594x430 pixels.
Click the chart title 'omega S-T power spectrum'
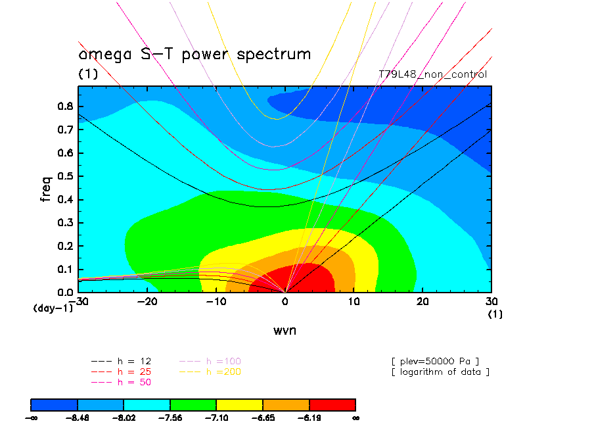(194, 54)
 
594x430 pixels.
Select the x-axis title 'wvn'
(285, 330)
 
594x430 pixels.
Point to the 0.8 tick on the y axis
(64, 107)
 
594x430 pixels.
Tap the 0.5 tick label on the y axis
(64, 176)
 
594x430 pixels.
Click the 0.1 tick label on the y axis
(64, 269)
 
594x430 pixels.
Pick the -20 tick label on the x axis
(147, 301)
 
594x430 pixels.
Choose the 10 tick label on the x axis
(354, 301)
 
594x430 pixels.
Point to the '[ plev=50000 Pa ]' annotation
(434, 361)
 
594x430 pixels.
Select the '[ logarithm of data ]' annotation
(440, 371)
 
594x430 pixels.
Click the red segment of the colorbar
(332, 404)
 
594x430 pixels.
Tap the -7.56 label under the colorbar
(170, 417)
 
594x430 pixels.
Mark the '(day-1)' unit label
(53, 308)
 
